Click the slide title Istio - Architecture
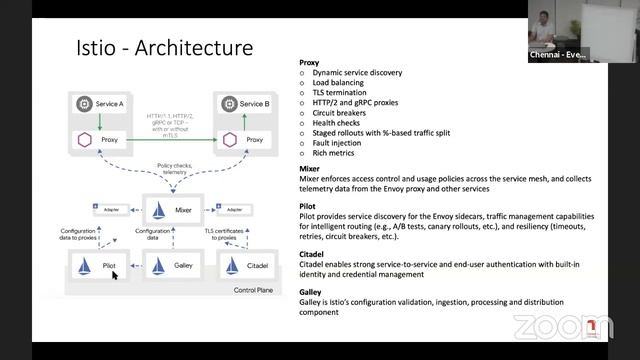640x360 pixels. (165, 48)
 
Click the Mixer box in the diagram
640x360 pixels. (171, 211)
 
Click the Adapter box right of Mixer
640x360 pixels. (235, 211)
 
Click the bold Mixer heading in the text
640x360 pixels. (310, 169)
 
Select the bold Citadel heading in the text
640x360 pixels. (313, 254)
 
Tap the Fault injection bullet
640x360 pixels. (339, 143)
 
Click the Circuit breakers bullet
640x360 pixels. (342, 113)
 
